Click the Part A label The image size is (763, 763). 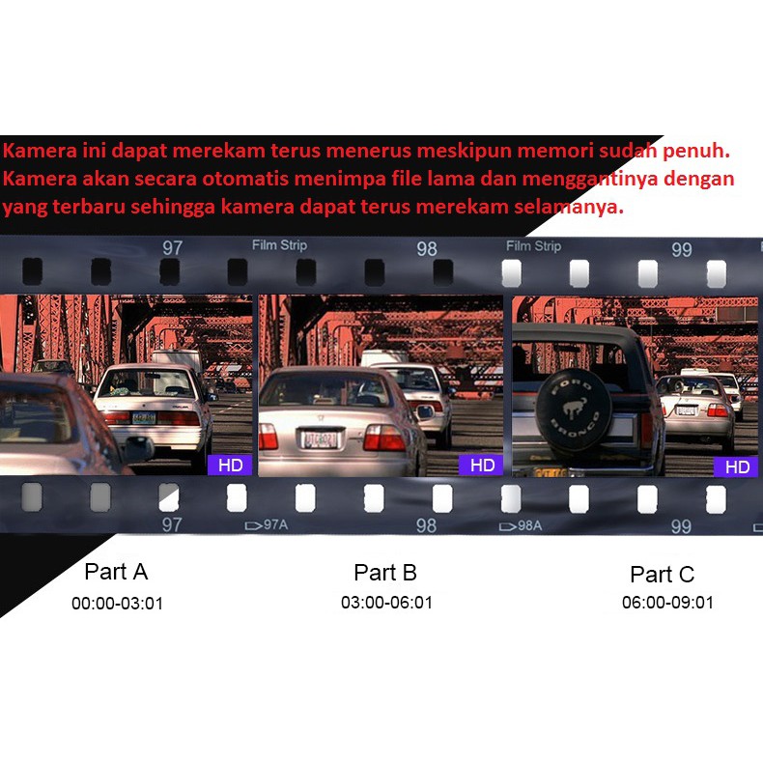tap(116, 572)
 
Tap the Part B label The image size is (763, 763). tap(385, 573)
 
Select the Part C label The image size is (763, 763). tap(663, 575)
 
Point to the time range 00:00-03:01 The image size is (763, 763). tap(117, 604)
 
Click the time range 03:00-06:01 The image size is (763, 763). tap(387, 603)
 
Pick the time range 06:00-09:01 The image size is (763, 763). tap(667, 603)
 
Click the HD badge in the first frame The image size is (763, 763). tap(230, 466)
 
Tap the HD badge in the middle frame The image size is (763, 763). tap(482, 466)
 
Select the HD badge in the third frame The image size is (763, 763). tap(737, 467)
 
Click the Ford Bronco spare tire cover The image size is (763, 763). tap(574, 410)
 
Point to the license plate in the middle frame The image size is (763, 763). tap(320, 439)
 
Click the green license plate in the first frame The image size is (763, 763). tap(144, 417)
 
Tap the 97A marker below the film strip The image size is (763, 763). tap(267, 525)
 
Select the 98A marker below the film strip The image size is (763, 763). tap(521, 526)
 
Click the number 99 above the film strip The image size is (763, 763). tap(681, 250)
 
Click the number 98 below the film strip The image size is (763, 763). tap(426, 526)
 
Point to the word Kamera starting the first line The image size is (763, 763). tap(40, 151)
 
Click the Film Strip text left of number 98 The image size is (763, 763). tap(279, 245)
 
